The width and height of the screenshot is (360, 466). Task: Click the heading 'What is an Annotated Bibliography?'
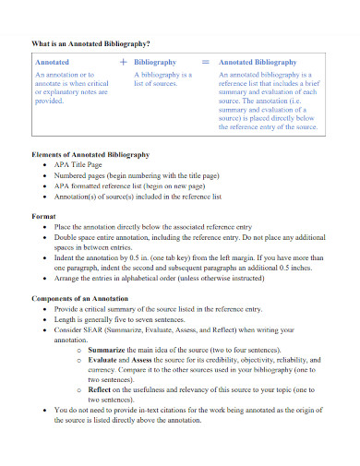[x=91, y=42]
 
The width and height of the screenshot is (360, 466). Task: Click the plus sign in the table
[x=123, y=61]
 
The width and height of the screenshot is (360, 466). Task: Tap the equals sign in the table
[x=206, y=61]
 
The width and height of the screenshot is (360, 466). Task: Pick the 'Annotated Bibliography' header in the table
[x=258, y=62]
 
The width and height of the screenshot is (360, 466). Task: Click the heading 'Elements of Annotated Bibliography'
[x=90, y=154]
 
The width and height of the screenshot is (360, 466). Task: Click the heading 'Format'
[x=44, y=215]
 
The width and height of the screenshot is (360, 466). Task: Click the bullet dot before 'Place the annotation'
[x=46, y=226]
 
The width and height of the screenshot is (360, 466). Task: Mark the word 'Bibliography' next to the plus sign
[x=154, y=62]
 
